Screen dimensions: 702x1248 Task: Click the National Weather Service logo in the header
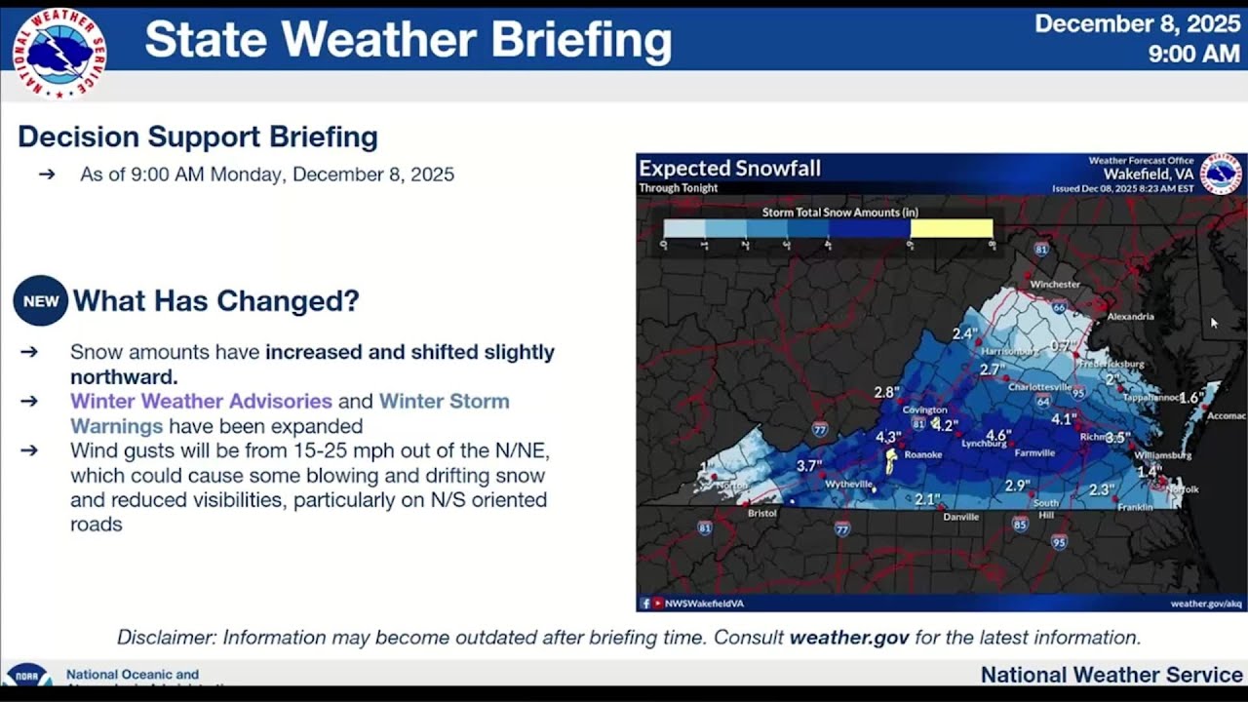(59, 54)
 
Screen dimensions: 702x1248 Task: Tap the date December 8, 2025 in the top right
(1137, 23)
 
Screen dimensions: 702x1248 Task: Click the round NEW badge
(41, 301)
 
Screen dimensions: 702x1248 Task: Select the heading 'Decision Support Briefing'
(198, 136)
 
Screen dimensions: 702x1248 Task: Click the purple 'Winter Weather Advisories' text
(201, 401)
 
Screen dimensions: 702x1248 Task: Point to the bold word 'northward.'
(125, 376)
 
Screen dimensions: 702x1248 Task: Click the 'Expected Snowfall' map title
(729, 169)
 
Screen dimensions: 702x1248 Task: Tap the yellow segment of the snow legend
(951, 228)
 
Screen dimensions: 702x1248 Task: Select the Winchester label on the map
(1055, 284)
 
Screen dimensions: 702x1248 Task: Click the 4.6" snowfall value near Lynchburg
(998, 435)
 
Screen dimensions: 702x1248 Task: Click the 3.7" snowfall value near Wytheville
(809, 466)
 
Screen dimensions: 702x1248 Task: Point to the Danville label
(960, 517)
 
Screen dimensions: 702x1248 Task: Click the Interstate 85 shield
(1020, 524)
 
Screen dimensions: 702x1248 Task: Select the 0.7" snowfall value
(1064, 345)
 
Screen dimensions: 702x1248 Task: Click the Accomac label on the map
(1226, 415)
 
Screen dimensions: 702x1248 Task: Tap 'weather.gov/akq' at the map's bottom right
(1206, 604)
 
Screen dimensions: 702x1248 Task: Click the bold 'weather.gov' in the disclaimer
(848, 638)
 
